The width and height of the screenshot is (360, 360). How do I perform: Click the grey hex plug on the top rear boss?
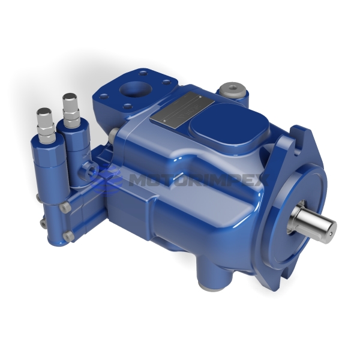pyautogui.click(x=232, y=91)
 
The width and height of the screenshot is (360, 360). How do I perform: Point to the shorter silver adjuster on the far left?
pyautogui.click(x=45, y=120)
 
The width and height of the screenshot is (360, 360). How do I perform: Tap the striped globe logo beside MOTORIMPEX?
pyautogui.click(x=109, y=178)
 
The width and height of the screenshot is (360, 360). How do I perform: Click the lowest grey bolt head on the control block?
pyautogui.click(x=68, y=235)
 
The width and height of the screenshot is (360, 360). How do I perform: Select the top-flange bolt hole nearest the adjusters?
pyautogui.click(x=104, y=96)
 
